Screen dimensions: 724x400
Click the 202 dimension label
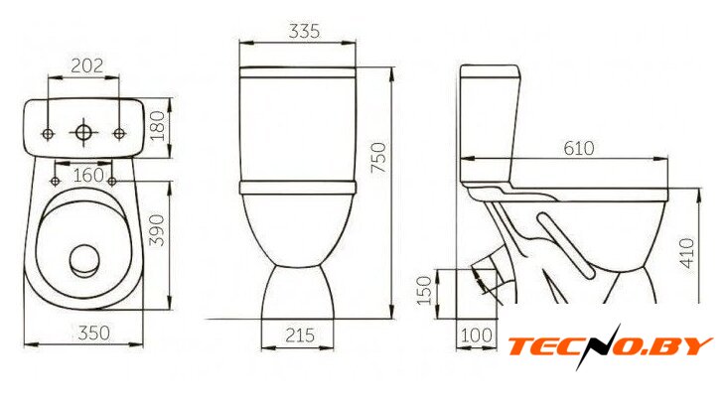pos(86,66)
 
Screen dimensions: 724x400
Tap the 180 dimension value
pos(158,126)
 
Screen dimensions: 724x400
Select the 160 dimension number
pos(88,176)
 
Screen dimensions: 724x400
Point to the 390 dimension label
pos(158,230)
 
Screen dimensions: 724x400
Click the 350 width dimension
pos(93,333)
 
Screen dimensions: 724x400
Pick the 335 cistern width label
pos(304,31)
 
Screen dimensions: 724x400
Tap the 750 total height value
pos(378,158)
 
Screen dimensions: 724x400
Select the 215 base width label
pos(300,334)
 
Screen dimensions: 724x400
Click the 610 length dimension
pos(579,148)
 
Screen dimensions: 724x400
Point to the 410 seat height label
pos(687,253)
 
